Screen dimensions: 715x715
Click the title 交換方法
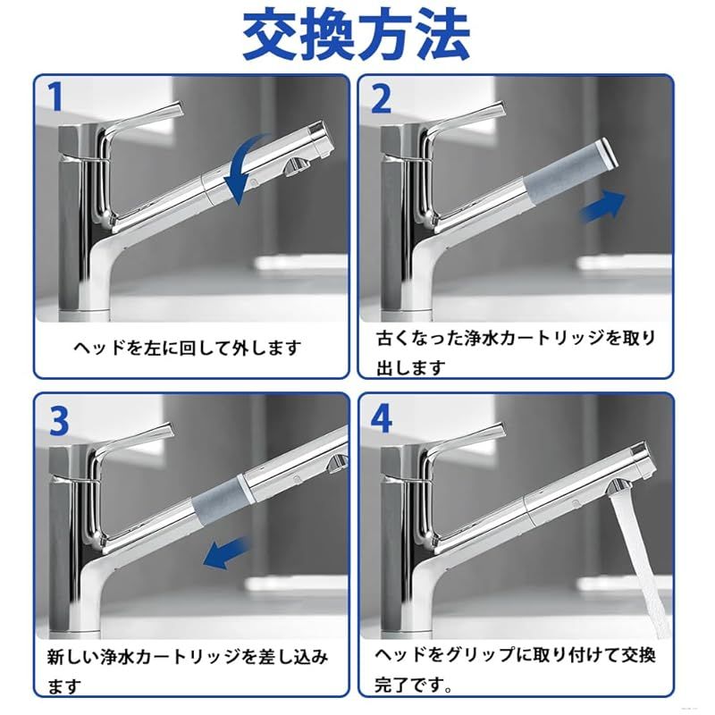click(x=356, y=36)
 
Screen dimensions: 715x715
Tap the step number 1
click(x=55, y=97)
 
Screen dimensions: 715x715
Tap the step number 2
click(x=382, y=98)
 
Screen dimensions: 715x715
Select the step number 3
click(x=59, y=421)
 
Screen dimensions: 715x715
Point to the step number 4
click(x=382, y=420)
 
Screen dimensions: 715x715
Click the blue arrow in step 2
click(x=602, y=207)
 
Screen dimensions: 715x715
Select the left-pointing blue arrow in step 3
click(x=227, y=552)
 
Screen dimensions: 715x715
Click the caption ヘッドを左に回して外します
click(x=188, y=349)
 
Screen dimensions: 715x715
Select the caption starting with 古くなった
click(x=516, y=353)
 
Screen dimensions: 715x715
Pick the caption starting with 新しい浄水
click(x=188, y=671)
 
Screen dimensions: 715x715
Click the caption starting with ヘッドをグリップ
click(x=516, y=670)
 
